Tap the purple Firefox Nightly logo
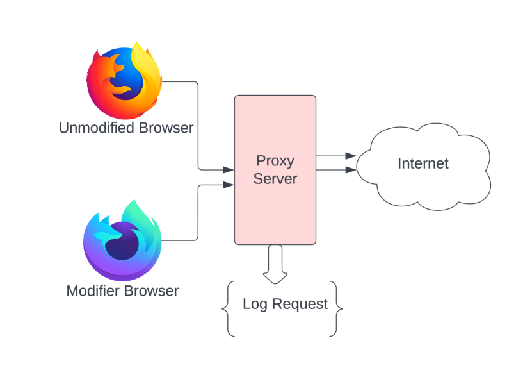[x=122, y=240]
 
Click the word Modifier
[x=93, y=291]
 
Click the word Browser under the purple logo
[x=151, y=291]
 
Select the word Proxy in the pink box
[x=275, y=161]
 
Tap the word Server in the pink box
[x=275, y=178]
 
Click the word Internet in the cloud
[x=423, y=163]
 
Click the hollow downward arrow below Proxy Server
[x=275, y=264]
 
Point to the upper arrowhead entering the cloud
[x=350, y=156]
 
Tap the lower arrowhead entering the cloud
[x=350, y=170]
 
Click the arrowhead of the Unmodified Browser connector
[x=228, y=170]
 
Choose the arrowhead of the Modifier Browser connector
[x=228, y=185]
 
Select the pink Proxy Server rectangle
[x=275, y=212]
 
